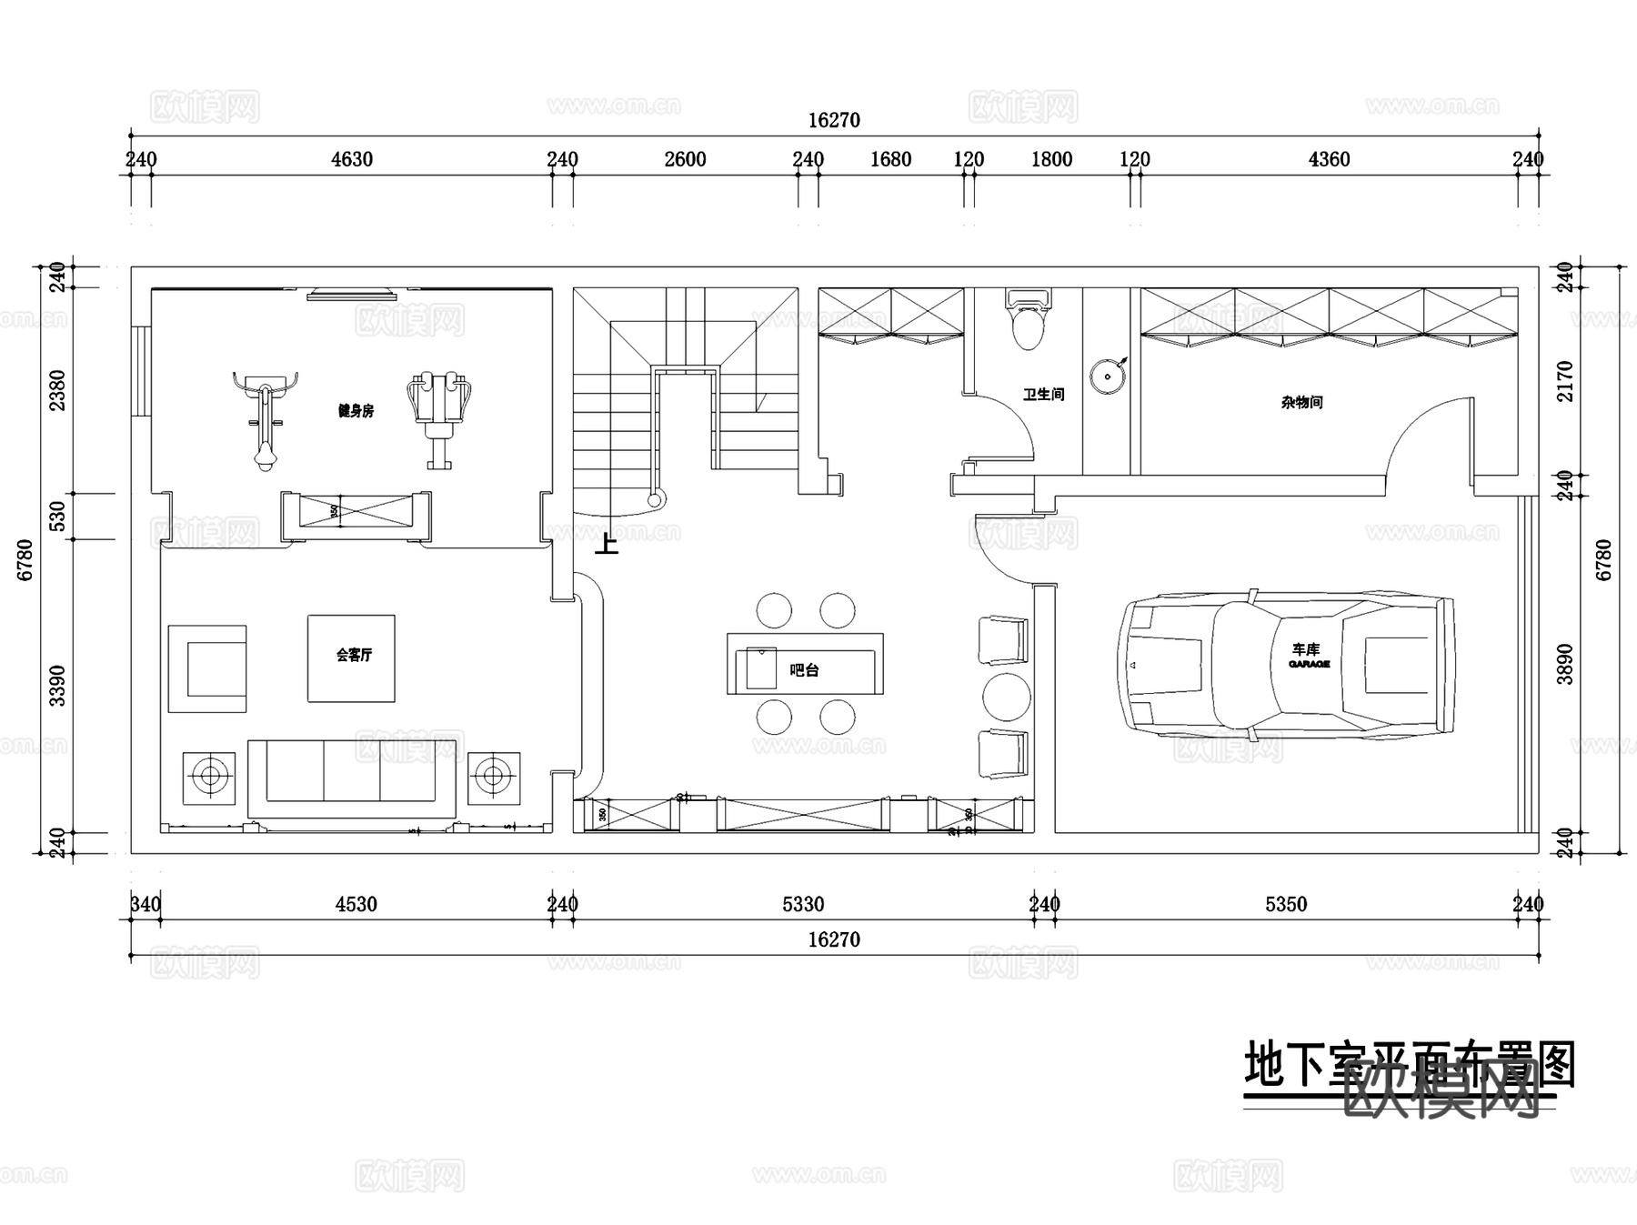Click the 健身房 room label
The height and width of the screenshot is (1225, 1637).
[x=356, y=411]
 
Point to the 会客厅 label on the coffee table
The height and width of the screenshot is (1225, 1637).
[x=353, y=655]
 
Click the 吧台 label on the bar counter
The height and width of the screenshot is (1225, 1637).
[x=804, y=670]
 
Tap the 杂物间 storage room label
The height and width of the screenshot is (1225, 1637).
[x=1301, y=402]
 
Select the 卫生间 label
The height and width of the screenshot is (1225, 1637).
[x=1042, y=395]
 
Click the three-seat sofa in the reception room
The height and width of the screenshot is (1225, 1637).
[x=353, y=776]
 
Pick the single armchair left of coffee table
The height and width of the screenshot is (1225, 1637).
[x=207, y=668]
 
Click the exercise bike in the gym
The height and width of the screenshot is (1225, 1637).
[x=265, y=418]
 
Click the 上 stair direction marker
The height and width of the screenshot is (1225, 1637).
[x=606, y=544]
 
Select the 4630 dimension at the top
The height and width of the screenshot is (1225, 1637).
[x=351, y=160]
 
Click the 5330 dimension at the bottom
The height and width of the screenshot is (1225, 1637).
[x=802, y=905]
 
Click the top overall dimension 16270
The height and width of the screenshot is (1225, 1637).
[x=833, y=121]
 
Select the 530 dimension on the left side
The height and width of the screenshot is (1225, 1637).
[x=56, y=516]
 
